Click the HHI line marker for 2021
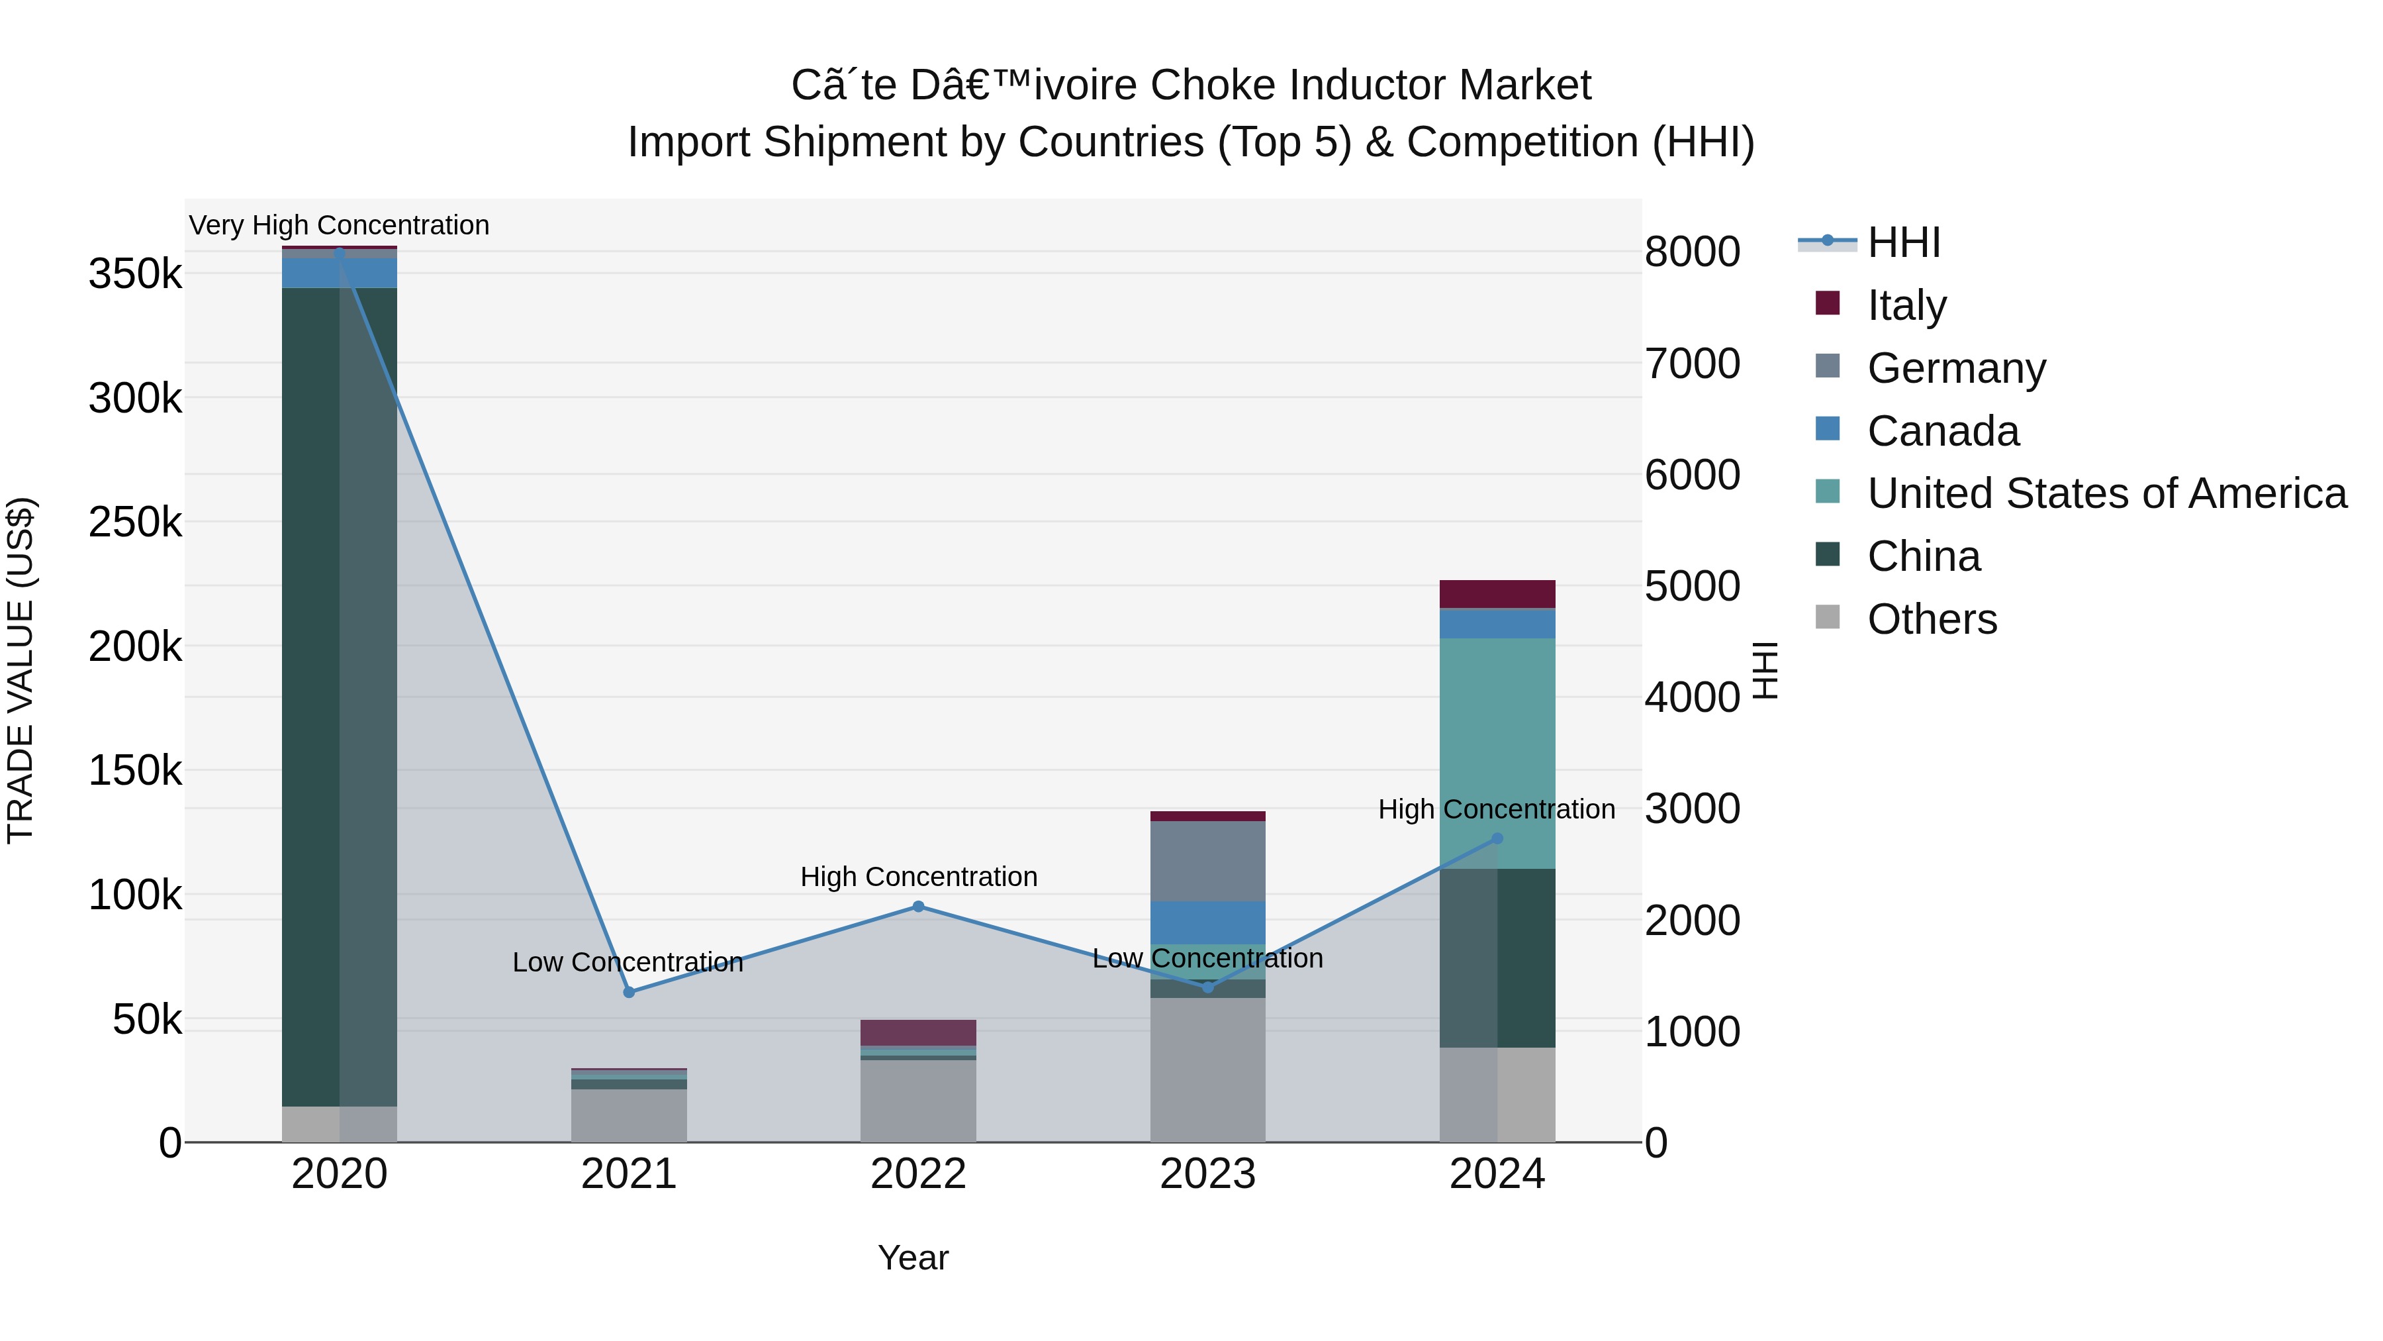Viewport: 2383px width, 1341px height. coord(629,992)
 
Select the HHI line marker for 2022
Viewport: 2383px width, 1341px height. coord(919,907)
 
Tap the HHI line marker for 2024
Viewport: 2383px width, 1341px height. coord(1498,838)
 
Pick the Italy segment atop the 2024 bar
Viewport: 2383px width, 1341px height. coord(1498,594)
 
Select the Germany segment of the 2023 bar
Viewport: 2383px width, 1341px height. coord(1207,862)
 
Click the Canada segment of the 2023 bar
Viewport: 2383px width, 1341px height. coord(1207,922)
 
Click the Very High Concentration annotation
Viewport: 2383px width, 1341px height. coord(340,226)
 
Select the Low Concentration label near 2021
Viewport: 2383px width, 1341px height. coord(628,962)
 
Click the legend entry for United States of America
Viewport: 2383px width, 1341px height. coord(2106,493)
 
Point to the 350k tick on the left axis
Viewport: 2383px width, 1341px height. coord(135,275)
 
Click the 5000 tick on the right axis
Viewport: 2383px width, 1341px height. coord(1692,586)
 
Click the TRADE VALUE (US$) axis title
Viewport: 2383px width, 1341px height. coord(21,670)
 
